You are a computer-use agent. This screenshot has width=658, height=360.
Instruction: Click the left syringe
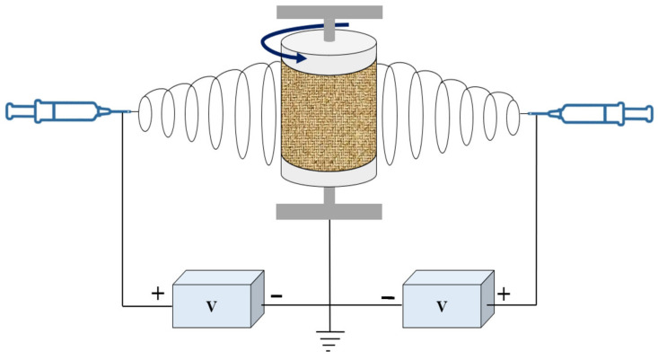pos(54,111)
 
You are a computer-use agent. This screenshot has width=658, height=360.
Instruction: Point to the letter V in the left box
pos(211,305)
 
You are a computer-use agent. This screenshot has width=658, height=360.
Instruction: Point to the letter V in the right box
pos(441,305)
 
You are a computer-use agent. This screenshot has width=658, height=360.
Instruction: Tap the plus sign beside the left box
pos(158,293)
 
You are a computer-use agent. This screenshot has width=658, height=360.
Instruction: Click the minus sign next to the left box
pos(276,294)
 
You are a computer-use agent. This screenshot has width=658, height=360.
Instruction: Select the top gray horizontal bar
pos(329,12)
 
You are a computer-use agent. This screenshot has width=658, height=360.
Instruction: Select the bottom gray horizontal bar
pos(329,212)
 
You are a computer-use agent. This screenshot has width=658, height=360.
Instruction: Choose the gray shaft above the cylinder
pos(329,27)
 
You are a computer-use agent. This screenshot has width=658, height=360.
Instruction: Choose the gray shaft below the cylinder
pos(329,196)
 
